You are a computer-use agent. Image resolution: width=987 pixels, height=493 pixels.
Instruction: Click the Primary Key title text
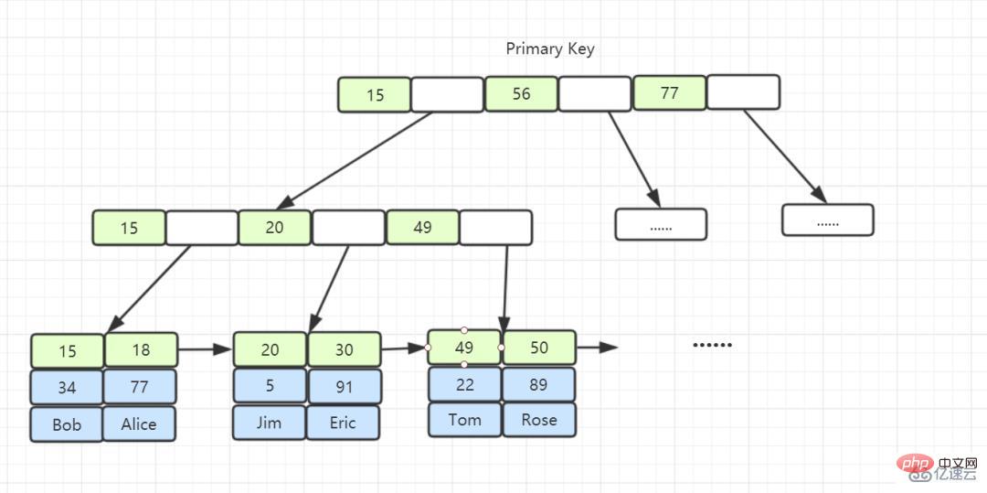[x=550, y=49]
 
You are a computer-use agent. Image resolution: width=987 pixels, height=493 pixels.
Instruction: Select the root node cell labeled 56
[x=521, y=94]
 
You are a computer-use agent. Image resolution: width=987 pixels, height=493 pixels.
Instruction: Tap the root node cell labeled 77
[x=669, y=93]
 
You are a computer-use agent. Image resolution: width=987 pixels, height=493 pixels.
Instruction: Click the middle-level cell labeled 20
[x=274, y=228]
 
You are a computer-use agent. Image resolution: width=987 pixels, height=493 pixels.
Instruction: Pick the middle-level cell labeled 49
[x=422, y=228]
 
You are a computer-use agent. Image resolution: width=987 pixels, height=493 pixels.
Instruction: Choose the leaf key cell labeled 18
[x=141, y=350]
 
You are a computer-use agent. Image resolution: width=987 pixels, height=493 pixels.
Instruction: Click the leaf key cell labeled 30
[x=344, y=349]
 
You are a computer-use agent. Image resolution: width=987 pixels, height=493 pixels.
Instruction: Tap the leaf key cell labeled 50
[x=539, y=348]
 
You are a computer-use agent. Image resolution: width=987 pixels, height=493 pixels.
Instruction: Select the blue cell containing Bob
[x=67, y=424]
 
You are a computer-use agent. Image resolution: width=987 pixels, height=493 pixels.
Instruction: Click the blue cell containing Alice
[x=139, y=423]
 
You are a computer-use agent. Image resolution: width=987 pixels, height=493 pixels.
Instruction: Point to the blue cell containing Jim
[x=270, y=423]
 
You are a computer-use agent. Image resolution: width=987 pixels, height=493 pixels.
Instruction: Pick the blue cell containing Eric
[x=343, y=423]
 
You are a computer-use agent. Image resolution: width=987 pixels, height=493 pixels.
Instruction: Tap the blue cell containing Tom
[x=464, y=420]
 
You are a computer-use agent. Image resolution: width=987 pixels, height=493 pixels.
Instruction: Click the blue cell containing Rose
[x=539, y=420]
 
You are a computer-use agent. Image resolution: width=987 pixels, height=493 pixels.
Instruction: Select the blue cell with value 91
[x=345, y=387]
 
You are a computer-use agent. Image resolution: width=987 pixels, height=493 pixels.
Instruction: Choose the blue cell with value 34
[x=67, y=387]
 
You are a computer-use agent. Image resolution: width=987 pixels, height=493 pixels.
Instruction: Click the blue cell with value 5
[x=270, y=385]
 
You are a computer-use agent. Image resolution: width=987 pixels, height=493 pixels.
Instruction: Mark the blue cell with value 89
[x=539, y=385]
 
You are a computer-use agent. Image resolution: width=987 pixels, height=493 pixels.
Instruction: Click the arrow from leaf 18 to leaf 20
[x=206, y=348]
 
